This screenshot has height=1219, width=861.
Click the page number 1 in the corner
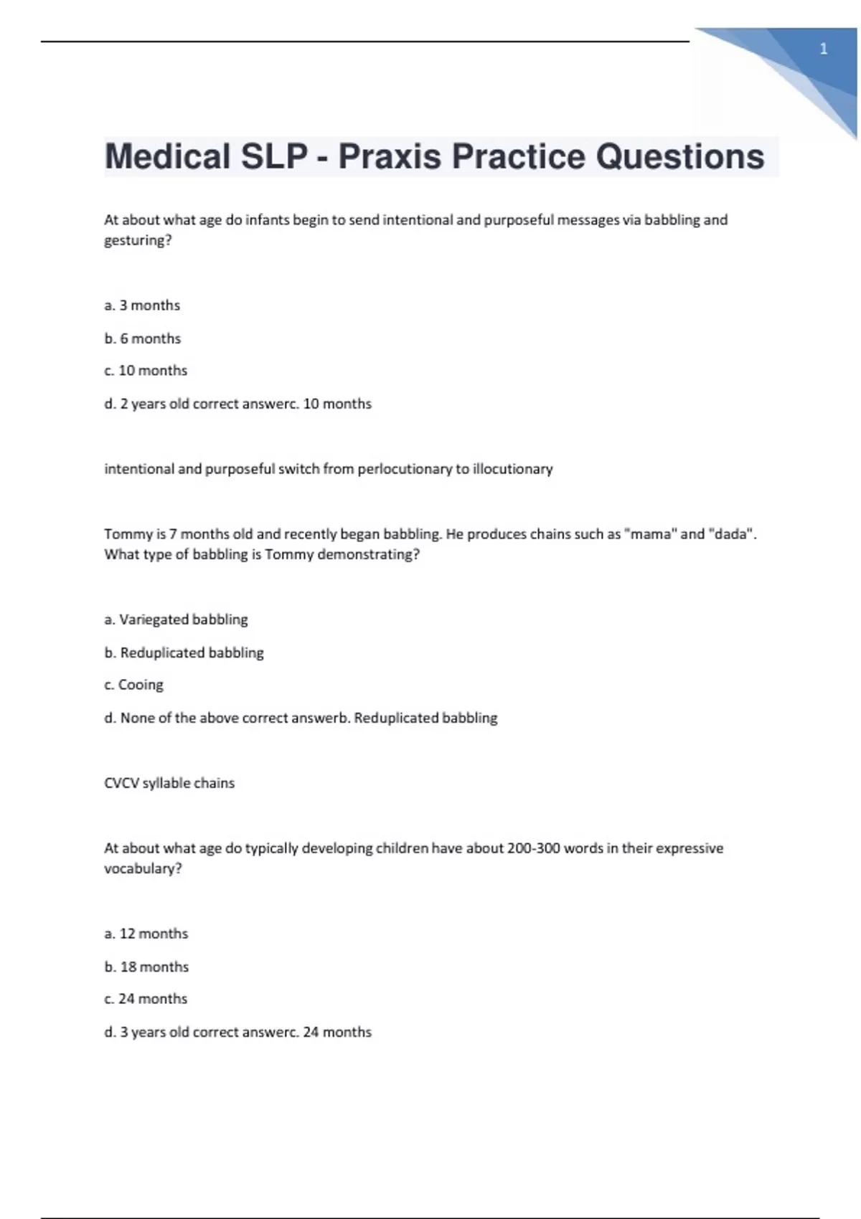[823, 49]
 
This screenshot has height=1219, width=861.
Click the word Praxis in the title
[389, 156]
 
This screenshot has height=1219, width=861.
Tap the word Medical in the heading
[167, 156]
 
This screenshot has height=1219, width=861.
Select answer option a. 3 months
[142, 305]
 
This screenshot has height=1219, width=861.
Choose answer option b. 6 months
[142, 338]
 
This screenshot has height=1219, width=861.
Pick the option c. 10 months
[146, 371]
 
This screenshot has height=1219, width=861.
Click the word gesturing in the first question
[136, 241]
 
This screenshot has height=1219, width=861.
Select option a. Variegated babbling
[176, 620]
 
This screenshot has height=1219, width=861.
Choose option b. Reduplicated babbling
[184, 653]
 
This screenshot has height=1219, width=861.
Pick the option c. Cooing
[133, 685]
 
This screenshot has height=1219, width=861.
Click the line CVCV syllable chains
[169, 783]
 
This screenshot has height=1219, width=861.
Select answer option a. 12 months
[146, 934]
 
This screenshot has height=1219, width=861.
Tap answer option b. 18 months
[146, 967]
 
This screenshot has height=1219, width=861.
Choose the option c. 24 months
[146, 999]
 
